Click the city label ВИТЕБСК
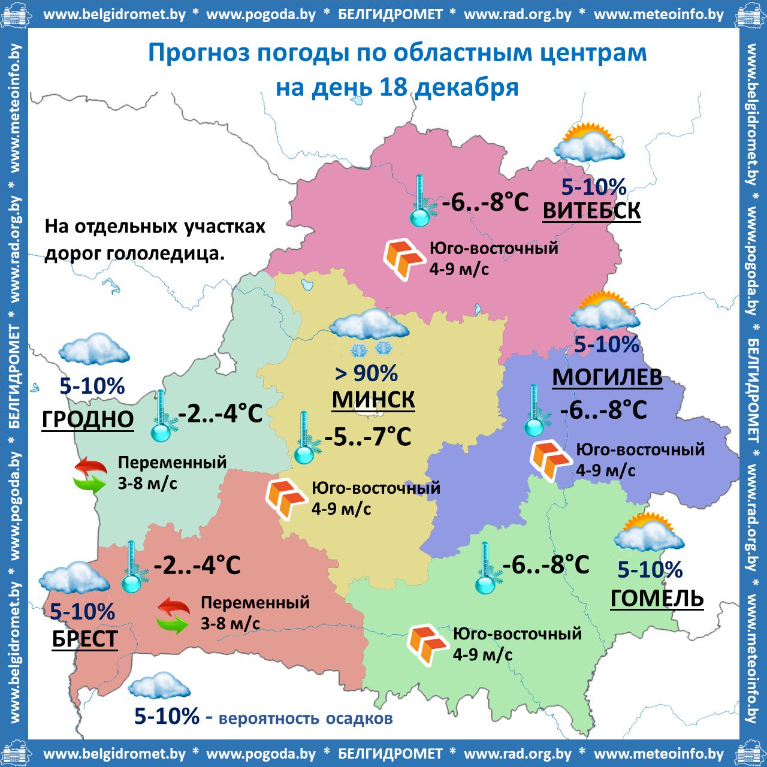(x=591, y=211)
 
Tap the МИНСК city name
(x=373, y=400)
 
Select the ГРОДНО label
(x=87, y=419)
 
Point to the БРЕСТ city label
(x=84, y=639)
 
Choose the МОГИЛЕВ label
(x=607, y=378)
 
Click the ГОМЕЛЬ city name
(x=657, y=598)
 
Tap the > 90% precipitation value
(x=366, y=373)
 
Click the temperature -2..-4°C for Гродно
(x=221, y=413)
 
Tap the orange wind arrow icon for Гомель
(x=426, y=644)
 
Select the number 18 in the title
(x=394, y=87)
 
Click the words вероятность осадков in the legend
(x=306, y=718)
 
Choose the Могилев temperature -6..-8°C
(x=603, y=410)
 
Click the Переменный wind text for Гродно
(x=172, y=462)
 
